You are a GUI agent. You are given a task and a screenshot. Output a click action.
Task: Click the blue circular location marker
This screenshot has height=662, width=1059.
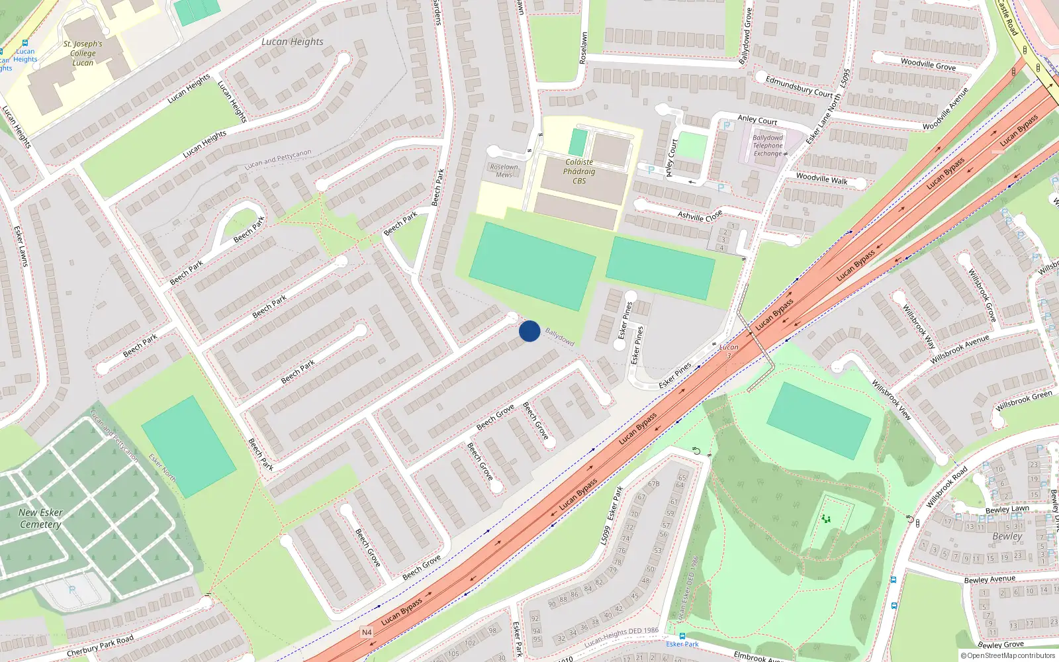coord(529,331)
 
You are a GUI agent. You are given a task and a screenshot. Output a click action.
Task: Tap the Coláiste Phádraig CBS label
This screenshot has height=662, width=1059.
coord(579,171)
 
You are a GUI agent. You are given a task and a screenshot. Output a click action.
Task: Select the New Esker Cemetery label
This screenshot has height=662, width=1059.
coord(40,518)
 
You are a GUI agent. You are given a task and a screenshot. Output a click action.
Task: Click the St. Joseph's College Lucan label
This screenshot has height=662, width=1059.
coord(83,54)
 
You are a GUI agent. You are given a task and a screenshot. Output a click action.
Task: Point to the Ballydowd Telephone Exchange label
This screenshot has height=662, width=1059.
coord(768,146)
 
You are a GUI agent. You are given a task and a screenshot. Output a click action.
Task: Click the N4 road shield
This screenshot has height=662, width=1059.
coord(367,632)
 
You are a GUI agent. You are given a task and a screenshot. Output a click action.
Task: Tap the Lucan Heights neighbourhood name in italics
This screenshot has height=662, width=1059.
coord(293,42)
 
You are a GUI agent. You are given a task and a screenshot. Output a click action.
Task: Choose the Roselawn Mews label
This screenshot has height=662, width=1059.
coord(504,171)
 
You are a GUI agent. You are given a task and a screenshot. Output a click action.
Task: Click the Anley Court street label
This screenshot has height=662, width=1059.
coord(757,120)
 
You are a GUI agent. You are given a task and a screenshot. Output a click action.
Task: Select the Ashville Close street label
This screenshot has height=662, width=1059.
coord(700,216)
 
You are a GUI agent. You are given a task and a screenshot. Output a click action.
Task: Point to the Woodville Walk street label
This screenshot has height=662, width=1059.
coord(821,178)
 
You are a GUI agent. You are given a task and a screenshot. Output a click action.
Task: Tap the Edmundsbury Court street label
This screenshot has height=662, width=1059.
coord(799,86)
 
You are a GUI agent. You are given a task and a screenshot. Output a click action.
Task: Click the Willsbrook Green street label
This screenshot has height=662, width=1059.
coord(1024,401)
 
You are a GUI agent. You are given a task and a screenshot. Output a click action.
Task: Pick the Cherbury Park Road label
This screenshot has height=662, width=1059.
coord(100,646)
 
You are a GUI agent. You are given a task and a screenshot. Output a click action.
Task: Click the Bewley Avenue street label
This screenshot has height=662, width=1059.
coord(990,580)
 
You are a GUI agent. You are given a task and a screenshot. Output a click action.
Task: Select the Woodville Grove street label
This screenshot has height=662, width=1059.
coord(928,64)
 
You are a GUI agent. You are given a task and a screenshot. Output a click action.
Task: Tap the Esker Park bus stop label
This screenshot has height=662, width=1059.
coord(682,644)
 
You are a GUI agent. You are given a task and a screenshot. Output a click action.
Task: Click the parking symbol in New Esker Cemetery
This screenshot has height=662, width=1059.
coord(72,589)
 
